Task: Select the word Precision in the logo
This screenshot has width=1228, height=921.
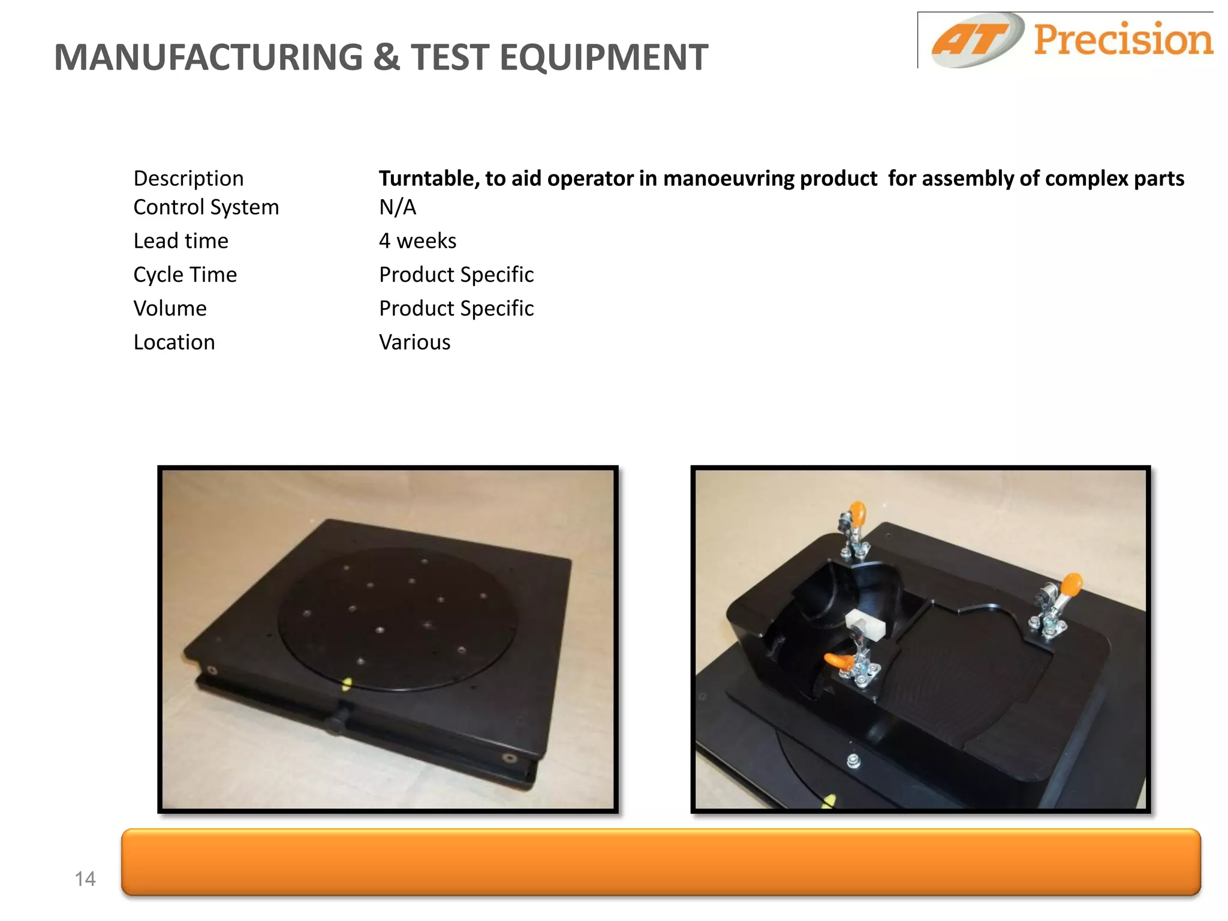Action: (1122, 40)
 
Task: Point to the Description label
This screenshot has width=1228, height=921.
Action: (188, 178)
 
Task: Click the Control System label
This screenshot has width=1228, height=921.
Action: (206, 207)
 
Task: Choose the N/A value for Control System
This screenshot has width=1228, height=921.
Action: (397, 207)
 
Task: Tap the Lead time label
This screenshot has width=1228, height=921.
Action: (180, 240)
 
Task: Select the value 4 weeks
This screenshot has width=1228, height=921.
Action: (417, 240)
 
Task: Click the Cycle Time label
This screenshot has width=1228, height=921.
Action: (185, 274)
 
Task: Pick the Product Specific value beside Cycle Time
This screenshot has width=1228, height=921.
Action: (456, 274)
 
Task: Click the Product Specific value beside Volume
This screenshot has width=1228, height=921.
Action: (456, 308)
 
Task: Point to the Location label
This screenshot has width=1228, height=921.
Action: (174, 342)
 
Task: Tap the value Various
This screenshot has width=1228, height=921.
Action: (414, 342)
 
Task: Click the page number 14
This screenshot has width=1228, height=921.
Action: (85, 878)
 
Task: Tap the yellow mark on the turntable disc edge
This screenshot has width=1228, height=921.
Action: (347, 684)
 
